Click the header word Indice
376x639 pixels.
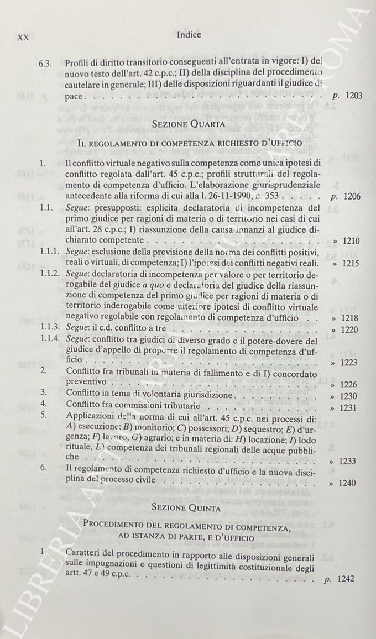pos(189,35)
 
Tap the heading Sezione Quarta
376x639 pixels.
pos(189,124)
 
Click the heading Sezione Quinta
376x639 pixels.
pos(189,507)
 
